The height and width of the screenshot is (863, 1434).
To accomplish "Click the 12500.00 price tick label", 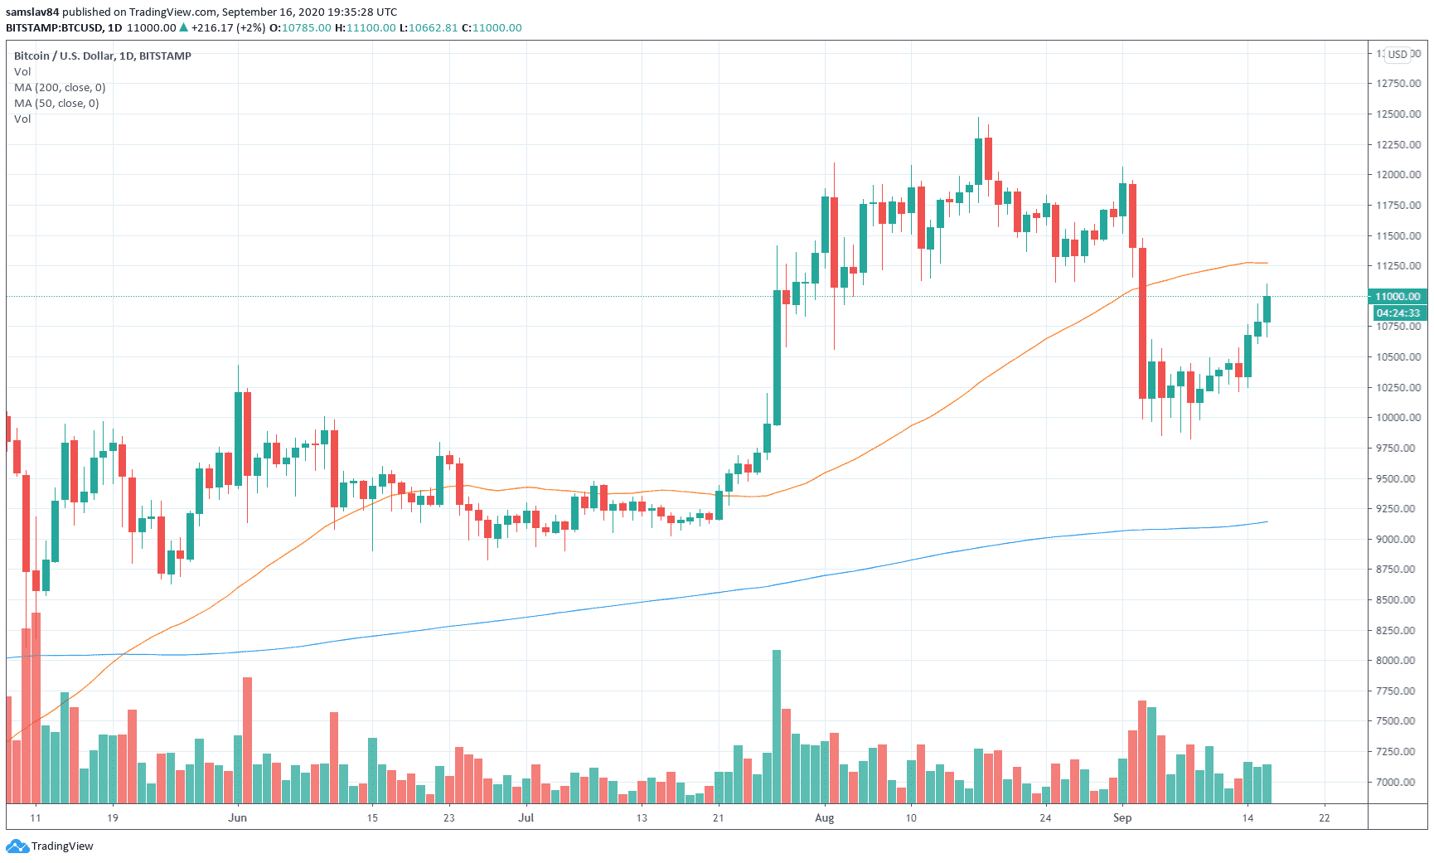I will point(1398,114).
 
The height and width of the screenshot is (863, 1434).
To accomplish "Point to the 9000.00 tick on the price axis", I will point(1398,539).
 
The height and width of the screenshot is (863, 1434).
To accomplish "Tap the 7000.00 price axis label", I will point(1398,782).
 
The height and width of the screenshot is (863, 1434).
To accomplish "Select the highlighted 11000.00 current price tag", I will point(1398,297).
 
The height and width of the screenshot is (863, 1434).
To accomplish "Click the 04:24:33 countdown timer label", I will point(1398,313).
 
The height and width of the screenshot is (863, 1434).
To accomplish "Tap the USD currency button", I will point(1398,55).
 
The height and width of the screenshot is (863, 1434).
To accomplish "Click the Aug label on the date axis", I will point(824,818).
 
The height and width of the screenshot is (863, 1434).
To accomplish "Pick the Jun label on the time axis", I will point(238,818).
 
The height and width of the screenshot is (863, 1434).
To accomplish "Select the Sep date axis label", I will point(1122,818).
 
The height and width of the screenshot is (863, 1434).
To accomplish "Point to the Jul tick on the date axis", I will point(526,818).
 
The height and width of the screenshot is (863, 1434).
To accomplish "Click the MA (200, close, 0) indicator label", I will point(60,88).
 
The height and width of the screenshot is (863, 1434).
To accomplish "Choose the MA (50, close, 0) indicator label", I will point(56,104).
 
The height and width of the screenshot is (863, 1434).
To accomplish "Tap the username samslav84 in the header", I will point(32,12).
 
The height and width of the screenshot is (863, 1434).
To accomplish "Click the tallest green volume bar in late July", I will point(777,726).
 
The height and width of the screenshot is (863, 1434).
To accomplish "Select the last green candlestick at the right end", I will point(1267,309).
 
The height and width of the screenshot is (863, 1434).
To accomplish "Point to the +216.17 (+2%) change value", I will point(228,28).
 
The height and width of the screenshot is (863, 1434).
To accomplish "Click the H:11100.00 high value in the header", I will point(366,28).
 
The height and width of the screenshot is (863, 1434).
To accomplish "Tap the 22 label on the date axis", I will point(1324,818).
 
